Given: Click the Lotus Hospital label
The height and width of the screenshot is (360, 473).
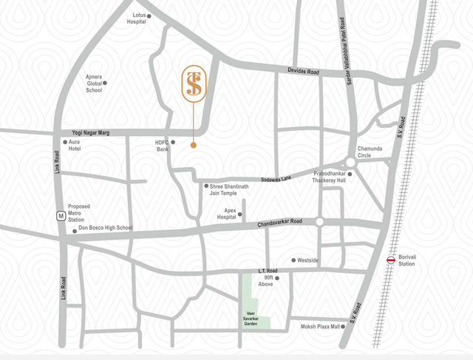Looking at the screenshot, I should click(136, 18).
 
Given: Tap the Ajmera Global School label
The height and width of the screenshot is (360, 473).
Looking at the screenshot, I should click(94, 84).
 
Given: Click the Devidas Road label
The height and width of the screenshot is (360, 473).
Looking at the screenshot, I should click(303, 72).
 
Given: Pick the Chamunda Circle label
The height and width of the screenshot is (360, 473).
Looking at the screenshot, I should click(370, 152).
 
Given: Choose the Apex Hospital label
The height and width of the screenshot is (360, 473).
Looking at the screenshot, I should click(226, 214).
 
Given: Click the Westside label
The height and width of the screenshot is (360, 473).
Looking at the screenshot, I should click(307, 260).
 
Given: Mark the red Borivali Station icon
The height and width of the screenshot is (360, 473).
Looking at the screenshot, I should click(390, 259).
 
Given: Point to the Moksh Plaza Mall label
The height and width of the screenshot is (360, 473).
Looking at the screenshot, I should click(320, 326).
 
